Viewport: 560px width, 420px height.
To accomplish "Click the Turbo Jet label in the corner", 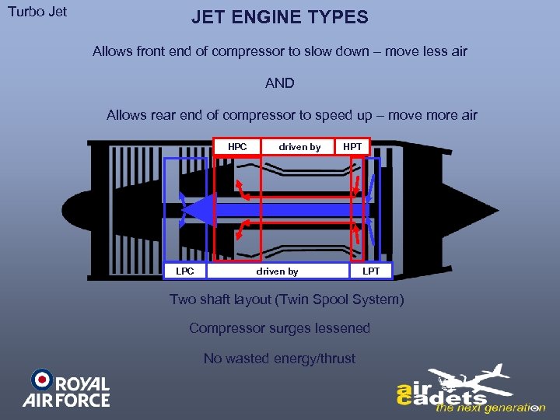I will click(37, 12).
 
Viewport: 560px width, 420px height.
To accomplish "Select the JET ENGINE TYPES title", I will click(280, 17).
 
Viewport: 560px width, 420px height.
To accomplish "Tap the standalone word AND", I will click(280, 83).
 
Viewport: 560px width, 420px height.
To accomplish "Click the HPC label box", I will click(237, 146).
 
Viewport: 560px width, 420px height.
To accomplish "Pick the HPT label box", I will click(352, 146).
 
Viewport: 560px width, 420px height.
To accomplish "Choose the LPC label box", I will click(185, 271).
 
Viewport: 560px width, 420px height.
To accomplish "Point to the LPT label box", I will click(371, 271).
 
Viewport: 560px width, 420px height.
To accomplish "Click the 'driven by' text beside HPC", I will click(299, 146).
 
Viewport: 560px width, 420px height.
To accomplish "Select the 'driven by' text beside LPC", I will click(277, 271).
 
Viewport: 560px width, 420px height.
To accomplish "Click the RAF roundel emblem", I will click(42, 380).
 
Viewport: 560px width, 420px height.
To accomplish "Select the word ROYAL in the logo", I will click(82, 384).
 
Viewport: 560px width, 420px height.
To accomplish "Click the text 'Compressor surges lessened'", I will click(280, 328).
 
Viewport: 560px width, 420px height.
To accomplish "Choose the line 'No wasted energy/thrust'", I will click(280, 359).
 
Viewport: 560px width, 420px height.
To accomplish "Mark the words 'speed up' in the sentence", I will click(346, 115).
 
